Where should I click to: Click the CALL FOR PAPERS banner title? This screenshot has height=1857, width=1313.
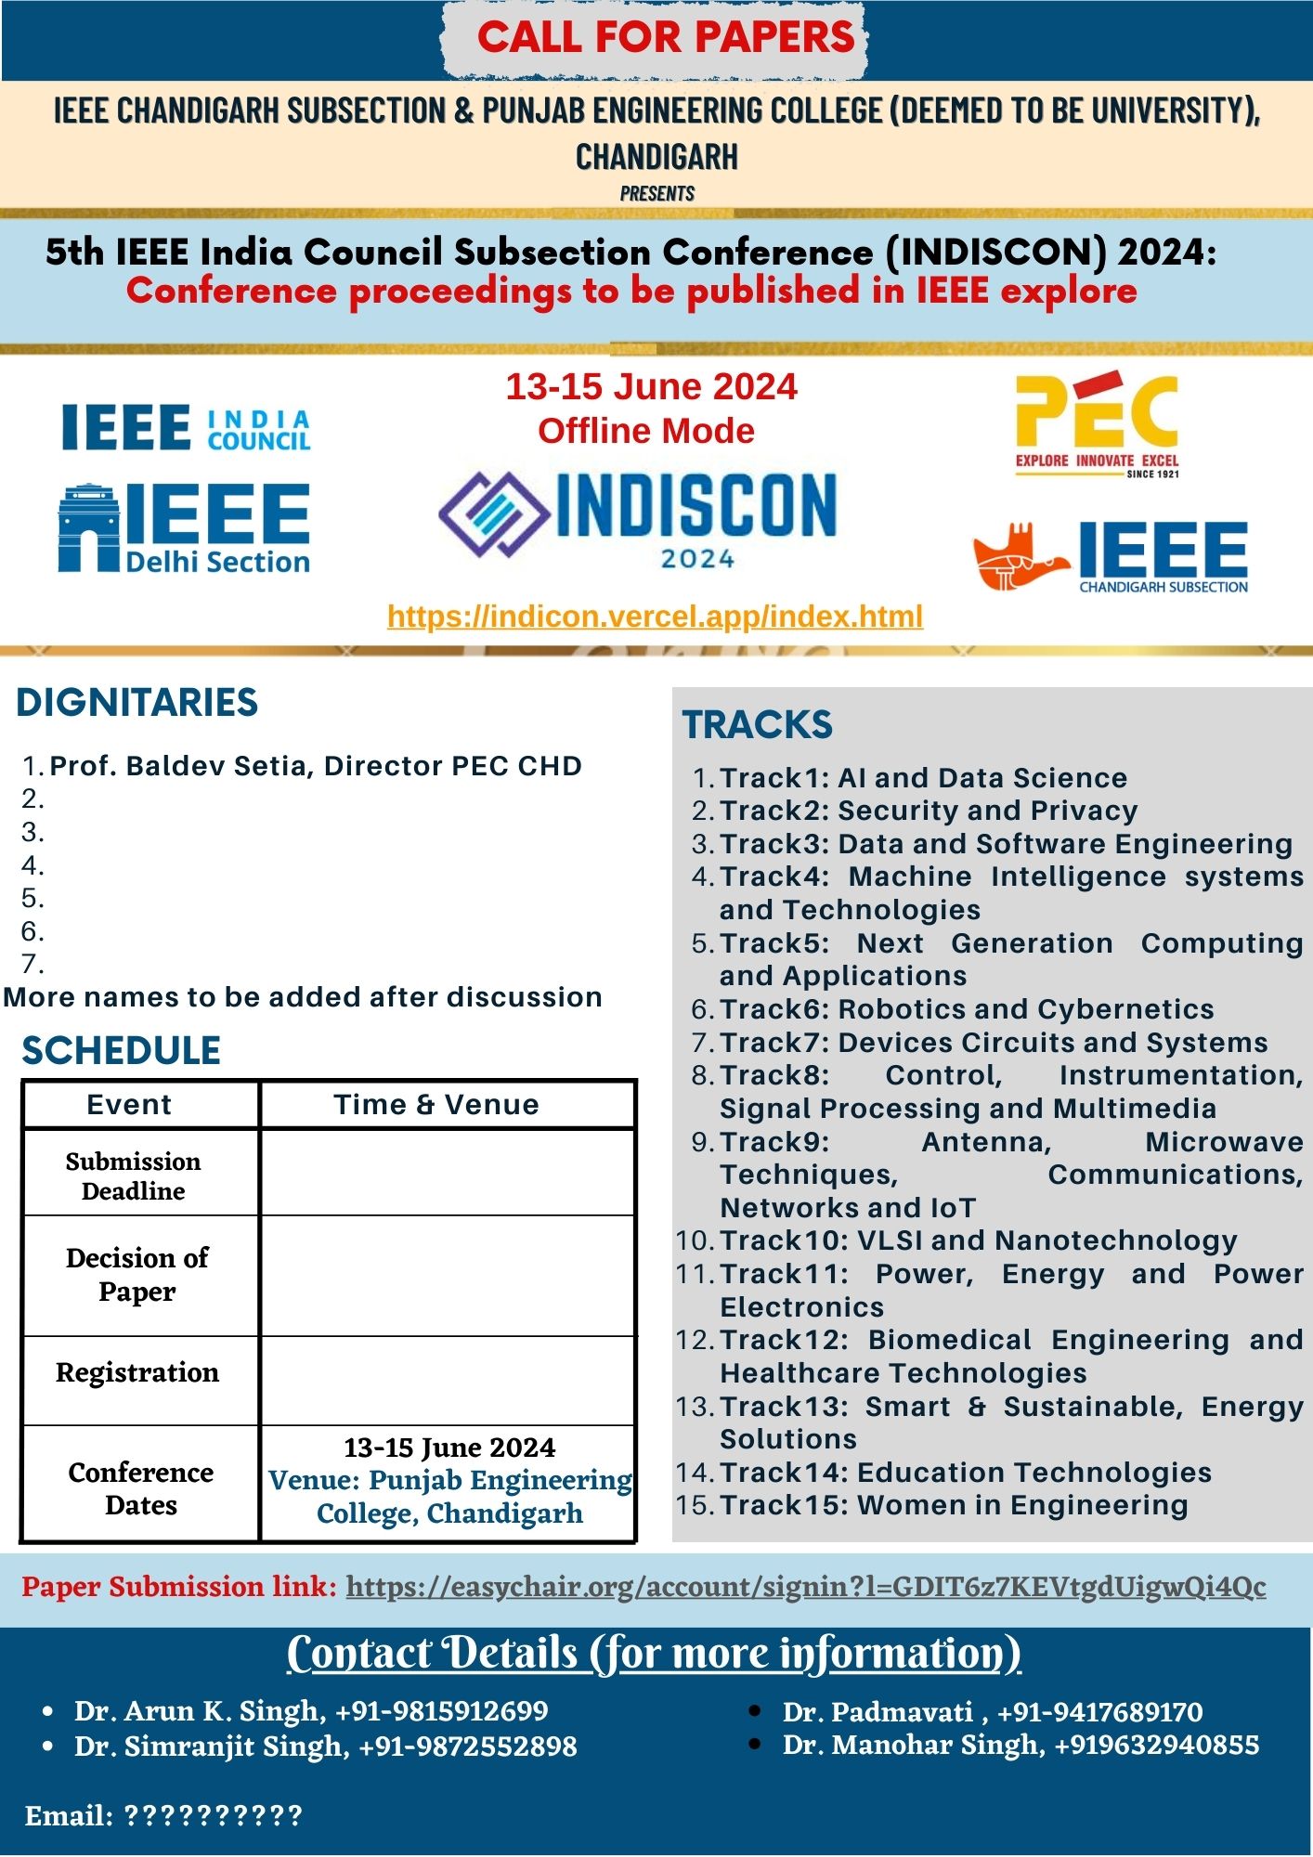665,37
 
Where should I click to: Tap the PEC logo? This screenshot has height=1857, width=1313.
1097,425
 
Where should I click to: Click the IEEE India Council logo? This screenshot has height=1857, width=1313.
186,428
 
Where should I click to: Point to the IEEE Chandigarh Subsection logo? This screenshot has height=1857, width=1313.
1111,556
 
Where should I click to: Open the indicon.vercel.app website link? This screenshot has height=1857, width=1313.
655,617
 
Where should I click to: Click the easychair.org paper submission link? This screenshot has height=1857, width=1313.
805,1587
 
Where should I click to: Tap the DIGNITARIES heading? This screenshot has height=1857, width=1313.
137,703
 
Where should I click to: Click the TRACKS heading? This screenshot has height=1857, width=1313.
758,725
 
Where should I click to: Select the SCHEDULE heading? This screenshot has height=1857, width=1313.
122,1051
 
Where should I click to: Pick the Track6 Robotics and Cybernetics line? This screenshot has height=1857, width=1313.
967,1009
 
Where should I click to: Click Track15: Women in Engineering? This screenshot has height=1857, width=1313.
954,1505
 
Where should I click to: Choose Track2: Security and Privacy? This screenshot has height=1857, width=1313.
929,811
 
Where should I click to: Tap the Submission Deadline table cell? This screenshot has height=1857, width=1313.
134,1175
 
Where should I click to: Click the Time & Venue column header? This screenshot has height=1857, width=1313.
436,1105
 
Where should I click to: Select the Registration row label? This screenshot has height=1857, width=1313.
137,1372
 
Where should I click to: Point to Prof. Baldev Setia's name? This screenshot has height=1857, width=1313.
316,766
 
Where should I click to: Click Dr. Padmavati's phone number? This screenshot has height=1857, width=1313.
1099,1711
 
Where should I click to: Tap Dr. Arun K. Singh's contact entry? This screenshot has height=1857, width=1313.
311,1710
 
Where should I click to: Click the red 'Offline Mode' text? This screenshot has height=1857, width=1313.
646,431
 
